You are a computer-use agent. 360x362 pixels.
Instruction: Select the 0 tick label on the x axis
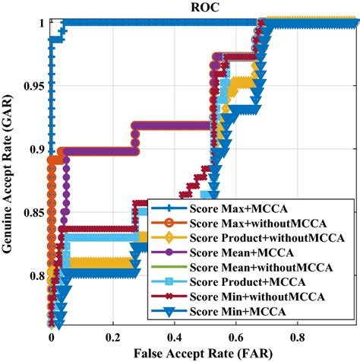coord(51,335)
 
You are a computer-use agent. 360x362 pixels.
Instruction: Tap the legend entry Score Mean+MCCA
coord(247,254)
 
